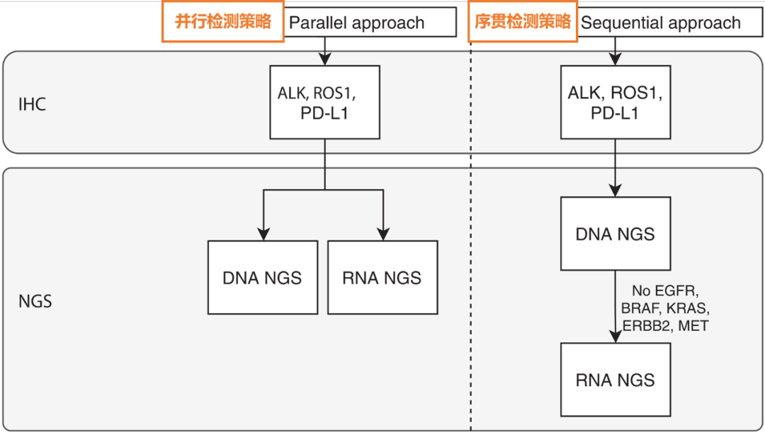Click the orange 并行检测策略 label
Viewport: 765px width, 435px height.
[x=222, y=22]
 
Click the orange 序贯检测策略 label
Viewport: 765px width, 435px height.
[x=522, y=22]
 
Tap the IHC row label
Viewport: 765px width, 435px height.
[x=32, y=105]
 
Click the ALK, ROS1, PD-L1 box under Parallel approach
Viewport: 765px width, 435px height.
[x=325, y=102]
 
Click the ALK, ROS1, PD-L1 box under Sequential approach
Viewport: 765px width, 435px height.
[x=615, y=102]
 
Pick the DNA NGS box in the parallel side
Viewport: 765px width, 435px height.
[x=262, y=277]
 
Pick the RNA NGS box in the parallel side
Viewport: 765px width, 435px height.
[x=382, y=277]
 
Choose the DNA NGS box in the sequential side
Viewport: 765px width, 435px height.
[x=615, y=234]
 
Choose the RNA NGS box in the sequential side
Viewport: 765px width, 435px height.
[x=615, y=380]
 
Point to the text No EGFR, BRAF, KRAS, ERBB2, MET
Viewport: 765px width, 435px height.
[x=664, y=307]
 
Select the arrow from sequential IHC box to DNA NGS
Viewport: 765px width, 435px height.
[x=615, y=167]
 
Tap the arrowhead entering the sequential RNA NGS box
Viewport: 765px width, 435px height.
[x=615, y=337]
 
